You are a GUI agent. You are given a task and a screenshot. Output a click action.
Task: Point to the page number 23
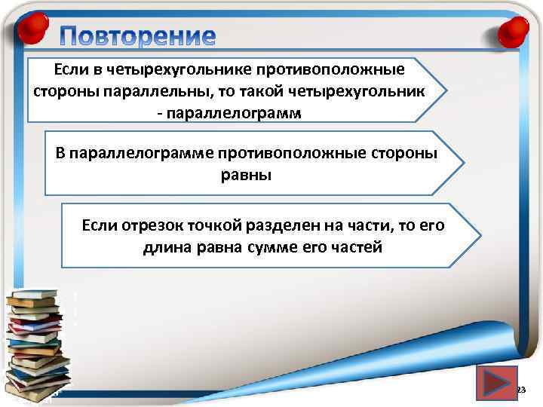coord(520,390)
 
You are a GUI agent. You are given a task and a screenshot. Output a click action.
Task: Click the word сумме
coord(271,246)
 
